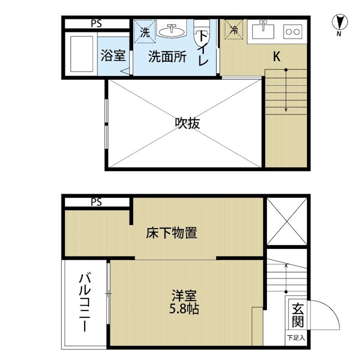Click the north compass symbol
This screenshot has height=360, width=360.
[x=340, y=22]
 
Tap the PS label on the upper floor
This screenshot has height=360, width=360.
[x=96, y=23]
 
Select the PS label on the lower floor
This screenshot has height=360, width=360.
[x=96, y=202]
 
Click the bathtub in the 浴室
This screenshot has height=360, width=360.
[x=82, y=54]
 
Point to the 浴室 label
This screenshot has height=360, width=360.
[x=113, y=55]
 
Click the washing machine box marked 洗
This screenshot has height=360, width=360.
[x=145, y=31]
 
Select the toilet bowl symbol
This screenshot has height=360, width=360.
[x=202, y=33]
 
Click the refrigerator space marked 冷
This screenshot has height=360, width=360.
[x=234, y=29]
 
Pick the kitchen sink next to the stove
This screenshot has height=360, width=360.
[x=263, y=31]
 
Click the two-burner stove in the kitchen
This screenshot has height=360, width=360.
[x=293, y=31]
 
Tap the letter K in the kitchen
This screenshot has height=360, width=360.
[x=277, y=56]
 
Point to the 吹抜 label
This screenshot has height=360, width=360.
[x=187, y=123]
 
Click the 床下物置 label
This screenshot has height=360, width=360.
[x=172, y=233]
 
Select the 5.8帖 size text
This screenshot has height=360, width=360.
[x=184, y=309]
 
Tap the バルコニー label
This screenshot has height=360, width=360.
[x=85, y=301]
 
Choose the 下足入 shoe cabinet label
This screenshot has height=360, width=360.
[x=296, y=338]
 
